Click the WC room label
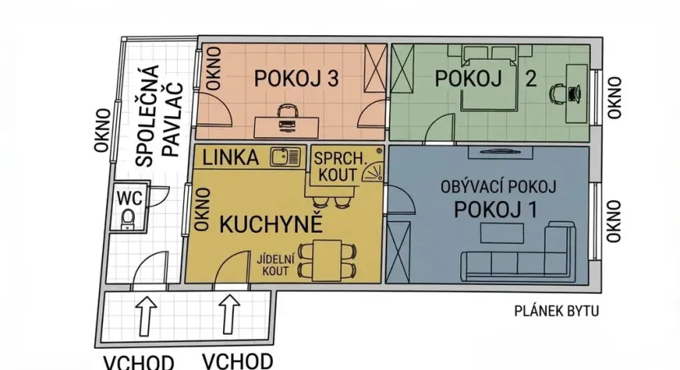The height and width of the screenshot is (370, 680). pos(129,197)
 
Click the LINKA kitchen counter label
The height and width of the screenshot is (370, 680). pos(230,156)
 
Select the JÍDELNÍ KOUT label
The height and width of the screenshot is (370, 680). pos(273,264)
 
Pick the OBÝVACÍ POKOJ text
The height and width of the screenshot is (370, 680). pos(498,187)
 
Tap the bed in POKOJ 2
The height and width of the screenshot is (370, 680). pos(491,81)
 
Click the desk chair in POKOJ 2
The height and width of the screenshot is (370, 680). pos(559,93)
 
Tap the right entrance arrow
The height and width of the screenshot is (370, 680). pos(228,314)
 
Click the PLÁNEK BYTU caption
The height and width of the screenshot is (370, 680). pos(557,310)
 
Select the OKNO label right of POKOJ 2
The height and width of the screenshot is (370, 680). pos(615,97)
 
